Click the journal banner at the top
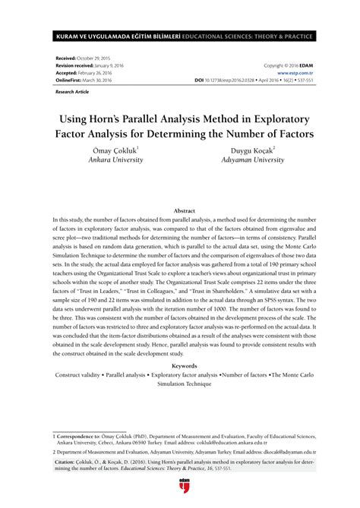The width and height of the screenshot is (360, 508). [179, 36]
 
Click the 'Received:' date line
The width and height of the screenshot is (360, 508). [81, 58]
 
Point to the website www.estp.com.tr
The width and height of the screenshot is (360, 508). [295, 71]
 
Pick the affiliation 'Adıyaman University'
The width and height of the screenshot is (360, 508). [248, 161]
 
